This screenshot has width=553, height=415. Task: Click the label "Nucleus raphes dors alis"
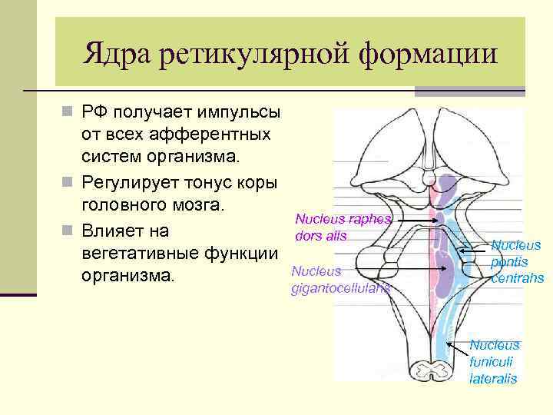pyautogui.click(x=341, y=227)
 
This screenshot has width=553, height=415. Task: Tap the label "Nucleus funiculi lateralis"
pyautogui.click(x=494, y=361)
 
